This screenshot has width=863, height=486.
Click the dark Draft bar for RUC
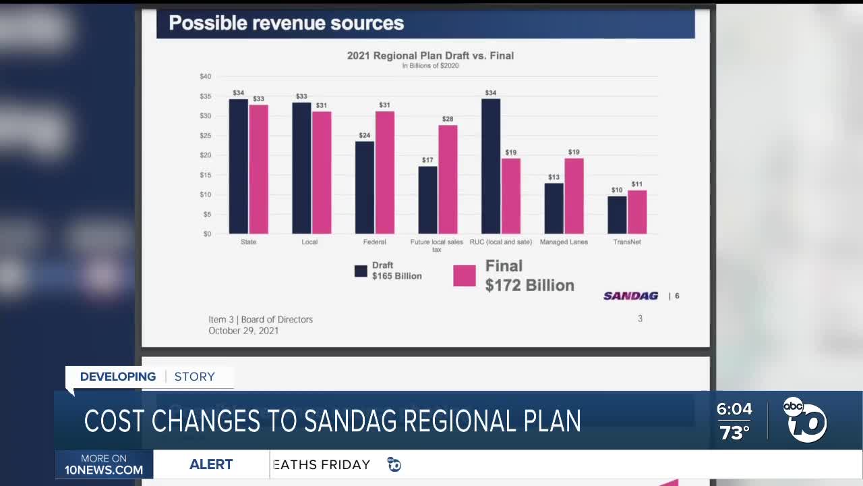(x=491, y=166)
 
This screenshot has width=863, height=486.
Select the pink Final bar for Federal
(x=385, y=172)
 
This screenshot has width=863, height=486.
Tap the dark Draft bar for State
(x=238, y=166)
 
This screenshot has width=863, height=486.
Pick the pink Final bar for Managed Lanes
(x=574, y=196)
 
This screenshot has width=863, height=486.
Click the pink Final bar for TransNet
(x=637, y=212)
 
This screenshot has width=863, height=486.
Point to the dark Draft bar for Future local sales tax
(x=427, y=200)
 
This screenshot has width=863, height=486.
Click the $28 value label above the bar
(x=448, y=119)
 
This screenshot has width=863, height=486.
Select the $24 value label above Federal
(x=365, y=135)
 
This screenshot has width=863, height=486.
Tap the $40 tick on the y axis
(x=205, y=76)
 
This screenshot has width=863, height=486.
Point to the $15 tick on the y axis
(x=205, y=175)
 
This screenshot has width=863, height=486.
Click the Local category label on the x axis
(x=309, y=242)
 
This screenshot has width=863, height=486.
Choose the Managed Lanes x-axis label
(x=564, y=242)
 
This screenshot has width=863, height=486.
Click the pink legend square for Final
(x=465, y=275)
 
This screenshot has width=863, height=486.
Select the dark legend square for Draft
(x=361, y=271)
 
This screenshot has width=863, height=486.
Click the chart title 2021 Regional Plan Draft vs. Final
(x=430, y=55)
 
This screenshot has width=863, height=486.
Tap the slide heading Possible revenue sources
(x=286, y=23)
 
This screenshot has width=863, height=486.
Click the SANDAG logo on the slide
(x=630, y=296)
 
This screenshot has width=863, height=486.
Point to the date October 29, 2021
(x=243, y=331)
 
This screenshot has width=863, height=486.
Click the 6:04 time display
(x=734, y=409)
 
